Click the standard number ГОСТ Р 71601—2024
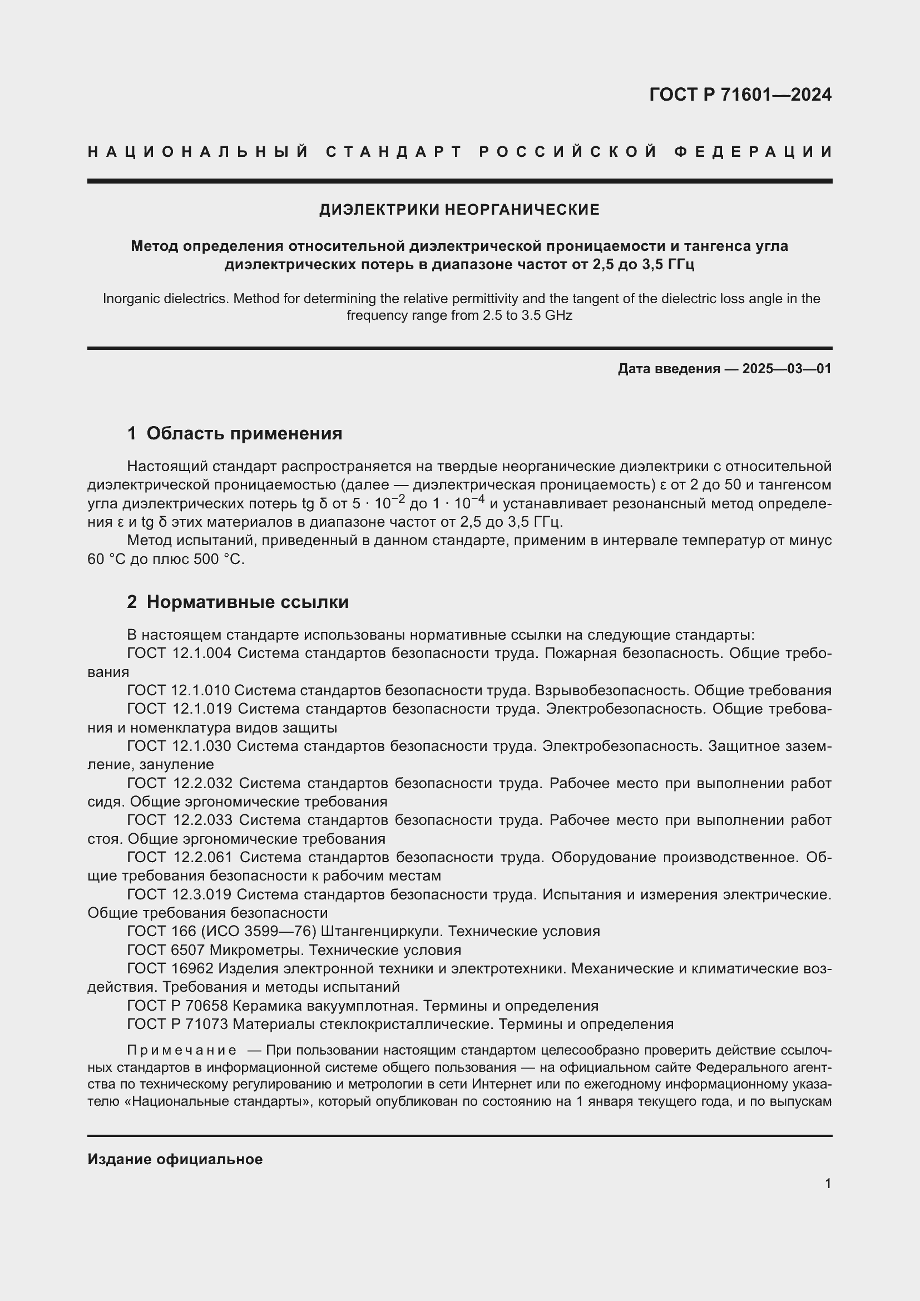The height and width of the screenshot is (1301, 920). click(740, 95)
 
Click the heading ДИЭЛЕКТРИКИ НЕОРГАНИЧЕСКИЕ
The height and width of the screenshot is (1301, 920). click(459, 210)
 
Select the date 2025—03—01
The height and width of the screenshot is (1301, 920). click(787, 369)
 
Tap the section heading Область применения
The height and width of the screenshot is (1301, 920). click(244, 433)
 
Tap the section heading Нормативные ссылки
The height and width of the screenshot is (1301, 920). click(248, 602)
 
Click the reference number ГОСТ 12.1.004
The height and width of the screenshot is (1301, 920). click(179, 654)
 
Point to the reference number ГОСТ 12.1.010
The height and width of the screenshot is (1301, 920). click(178, 690)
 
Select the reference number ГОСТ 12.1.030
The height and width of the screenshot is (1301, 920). click(179, 746)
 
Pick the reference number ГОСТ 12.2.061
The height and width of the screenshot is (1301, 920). click(180, 857)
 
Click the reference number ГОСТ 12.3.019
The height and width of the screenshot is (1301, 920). click(179, 894)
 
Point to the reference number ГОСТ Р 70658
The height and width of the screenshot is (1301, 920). click(177, 1006)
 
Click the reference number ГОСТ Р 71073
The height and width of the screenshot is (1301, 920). click(177, 1024)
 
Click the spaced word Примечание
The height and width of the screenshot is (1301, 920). click(182, 1050)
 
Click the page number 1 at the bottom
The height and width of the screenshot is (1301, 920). click(828, 1183)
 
